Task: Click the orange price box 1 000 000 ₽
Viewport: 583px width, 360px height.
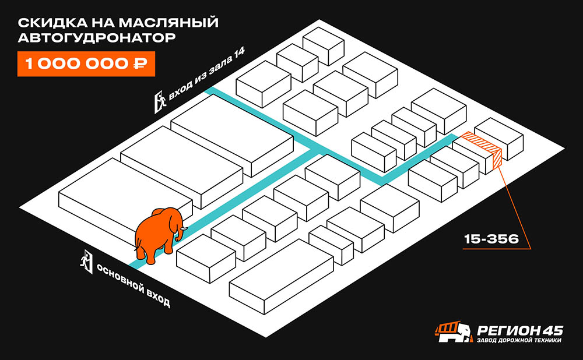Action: coord(86,63)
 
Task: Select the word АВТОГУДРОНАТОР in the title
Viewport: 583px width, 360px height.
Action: coord(97,37)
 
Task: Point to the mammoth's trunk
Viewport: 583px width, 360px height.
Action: coord(183,232)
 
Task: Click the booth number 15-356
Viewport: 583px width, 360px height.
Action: coord(491,239)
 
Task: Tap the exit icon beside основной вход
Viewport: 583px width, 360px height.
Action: coord(86,262)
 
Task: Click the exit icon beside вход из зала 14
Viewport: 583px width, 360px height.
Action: coord(160,101)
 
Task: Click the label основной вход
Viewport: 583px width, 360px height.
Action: coord(134,285)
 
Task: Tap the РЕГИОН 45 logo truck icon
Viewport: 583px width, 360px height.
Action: coord(454,332)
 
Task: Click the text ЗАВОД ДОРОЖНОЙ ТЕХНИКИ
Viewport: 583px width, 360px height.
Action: coord(519,340)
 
